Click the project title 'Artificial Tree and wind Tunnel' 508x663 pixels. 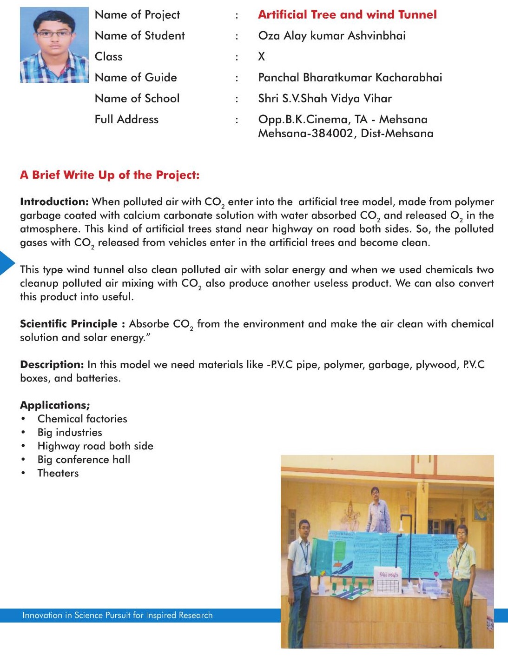point(347,15)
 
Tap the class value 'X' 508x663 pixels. point(262,57)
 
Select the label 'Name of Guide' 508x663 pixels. point(136,78)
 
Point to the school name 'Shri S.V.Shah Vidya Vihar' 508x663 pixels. point(325,99)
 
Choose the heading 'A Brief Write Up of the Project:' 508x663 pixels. point(110,175)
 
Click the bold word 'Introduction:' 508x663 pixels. point(54,202)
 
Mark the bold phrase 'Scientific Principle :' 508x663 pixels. point(73,324)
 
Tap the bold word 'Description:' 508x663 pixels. point(52,365)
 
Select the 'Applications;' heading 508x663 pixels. point(55,405)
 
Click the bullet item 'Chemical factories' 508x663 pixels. point(82,419)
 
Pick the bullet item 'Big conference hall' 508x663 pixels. point(84,460)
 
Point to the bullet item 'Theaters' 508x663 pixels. point(58,473)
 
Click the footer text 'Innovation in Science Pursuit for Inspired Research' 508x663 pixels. point(118,615)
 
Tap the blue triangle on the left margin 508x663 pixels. point(6,263)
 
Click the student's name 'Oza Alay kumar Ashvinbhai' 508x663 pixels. point(332,36)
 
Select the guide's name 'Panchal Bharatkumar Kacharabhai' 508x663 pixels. point(350,78)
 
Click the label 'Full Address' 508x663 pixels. point(126,120)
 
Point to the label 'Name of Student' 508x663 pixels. point(139,36)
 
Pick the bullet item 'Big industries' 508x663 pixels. point(70,432)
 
